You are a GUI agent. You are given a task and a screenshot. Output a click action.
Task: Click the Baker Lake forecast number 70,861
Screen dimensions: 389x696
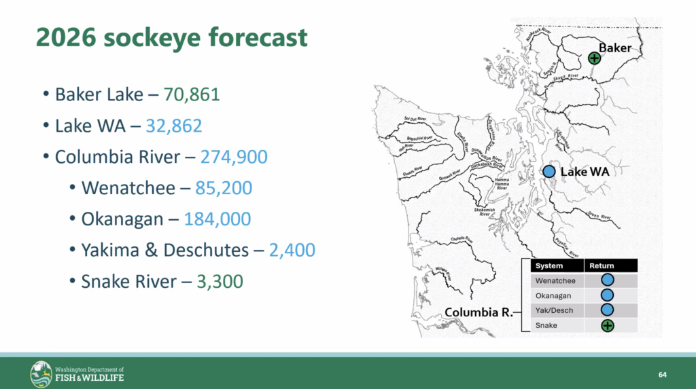(192, 94)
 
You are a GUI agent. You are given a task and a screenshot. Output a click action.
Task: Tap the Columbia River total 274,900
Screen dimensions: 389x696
(234, 157)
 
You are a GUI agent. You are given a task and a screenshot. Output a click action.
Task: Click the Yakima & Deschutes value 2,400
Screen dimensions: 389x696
(292, 250)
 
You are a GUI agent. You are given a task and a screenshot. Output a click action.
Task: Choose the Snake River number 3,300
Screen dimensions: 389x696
(215, 280)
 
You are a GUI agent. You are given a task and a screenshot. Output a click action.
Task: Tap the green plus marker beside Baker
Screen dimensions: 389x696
(595, 58)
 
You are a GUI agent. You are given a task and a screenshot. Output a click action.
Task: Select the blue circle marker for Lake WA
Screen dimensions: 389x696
(549, 172)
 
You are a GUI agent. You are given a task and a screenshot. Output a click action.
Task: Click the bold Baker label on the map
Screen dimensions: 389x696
(615, 48)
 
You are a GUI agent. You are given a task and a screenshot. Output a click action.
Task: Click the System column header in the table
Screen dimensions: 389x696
(549, 266)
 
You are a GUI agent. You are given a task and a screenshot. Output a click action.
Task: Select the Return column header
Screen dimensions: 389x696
(602, 266)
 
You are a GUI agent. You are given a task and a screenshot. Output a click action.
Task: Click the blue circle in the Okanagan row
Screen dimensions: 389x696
(607, 295)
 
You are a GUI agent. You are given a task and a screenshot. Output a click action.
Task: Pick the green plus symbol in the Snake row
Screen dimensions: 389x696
(607, 325)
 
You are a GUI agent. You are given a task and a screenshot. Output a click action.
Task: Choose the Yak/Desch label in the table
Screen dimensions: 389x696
(554, 310)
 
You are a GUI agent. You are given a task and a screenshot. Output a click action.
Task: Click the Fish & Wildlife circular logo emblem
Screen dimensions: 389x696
(41, 374)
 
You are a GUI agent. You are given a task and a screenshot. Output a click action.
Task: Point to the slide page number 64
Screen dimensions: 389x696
(663, 375)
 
